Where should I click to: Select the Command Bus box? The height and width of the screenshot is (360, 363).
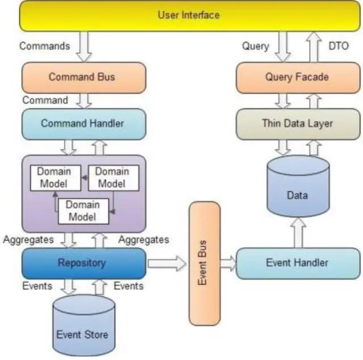pos(83,77)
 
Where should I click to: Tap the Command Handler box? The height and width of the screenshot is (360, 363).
pos(83,123)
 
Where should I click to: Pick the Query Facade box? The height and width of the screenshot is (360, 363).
pos(297,77)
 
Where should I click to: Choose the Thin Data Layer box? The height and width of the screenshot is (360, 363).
pos(297,123)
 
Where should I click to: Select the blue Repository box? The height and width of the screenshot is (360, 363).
pos(83,263)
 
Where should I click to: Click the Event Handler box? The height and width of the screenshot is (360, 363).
pos(297,263)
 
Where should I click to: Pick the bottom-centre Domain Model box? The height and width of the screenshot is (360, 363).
pos(83,210)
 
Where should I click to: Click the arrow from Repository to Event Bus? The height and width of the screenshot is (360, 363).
pos(167,263)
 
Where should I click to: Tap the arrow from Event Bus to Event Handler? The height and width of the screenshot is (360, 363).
pos(228,263)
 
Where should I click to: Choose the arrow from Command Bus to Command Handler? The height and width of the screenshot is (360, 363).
pos(84,100)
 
